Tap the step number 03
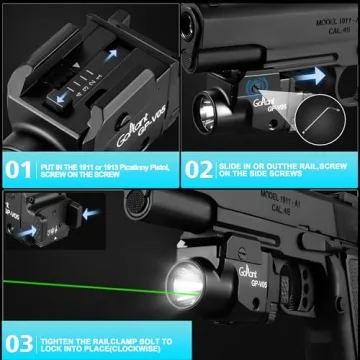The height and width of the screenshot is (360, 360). tap(18, 334)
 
